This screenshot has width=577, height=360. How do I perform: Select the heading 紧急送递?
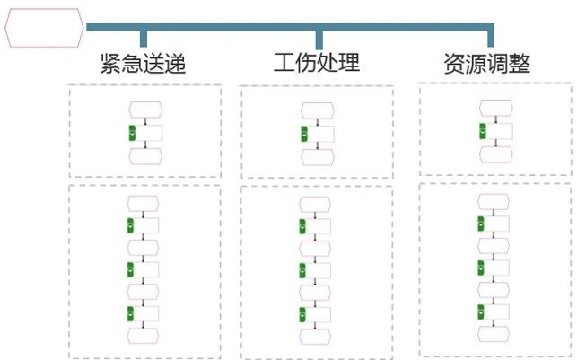click(x=143, y=64)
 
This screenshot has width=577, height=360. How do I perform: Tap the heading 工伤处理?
click(x=317, y=63)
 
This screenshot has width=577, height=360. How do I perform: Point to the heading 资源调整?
click(x=487, y=64)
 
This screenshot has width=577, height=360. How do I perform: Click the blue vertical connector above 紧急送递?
click(x=144, y=39)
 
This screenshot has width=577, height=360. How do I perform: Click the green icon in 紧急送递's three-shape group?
click(x=132, y=133)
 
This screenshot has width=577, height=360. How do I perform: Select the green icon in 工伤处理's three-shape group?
click(x=304, y=134)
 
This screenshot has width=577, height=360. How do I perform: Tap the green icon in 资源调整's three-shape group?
click(x=483, y=131)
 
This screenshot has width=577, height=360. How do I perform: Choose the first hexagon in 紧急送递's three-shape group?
click(x=145, y=110)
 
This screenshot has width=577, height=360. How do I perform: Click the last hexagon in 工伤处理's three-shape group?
click(x=318, y=157)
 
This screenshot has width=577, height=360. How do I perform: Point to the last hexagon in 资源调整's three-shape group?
click(x=495, y=155)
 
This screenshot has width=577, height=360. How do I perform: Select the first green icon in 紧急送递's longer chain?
click(x=131, y=225)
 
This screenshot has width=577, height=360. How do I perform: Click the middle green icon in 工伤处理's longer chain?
click(x=302, y=270)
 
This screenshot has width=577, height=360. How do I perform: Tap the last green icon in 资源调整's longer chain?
click(x=481, y=312)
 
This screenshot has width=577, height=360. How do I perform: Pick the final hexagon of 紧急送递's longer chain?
click(x=144, y=336)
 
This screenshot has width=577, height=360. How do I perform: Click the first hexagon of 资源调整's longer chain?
click(x=494, y=202)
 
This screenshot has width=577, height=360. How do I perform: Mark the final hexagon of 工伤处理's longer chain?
click(x=315, y=337)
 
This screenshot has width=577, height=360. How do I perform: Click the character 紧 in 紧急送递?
click(x=110, y=64)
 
